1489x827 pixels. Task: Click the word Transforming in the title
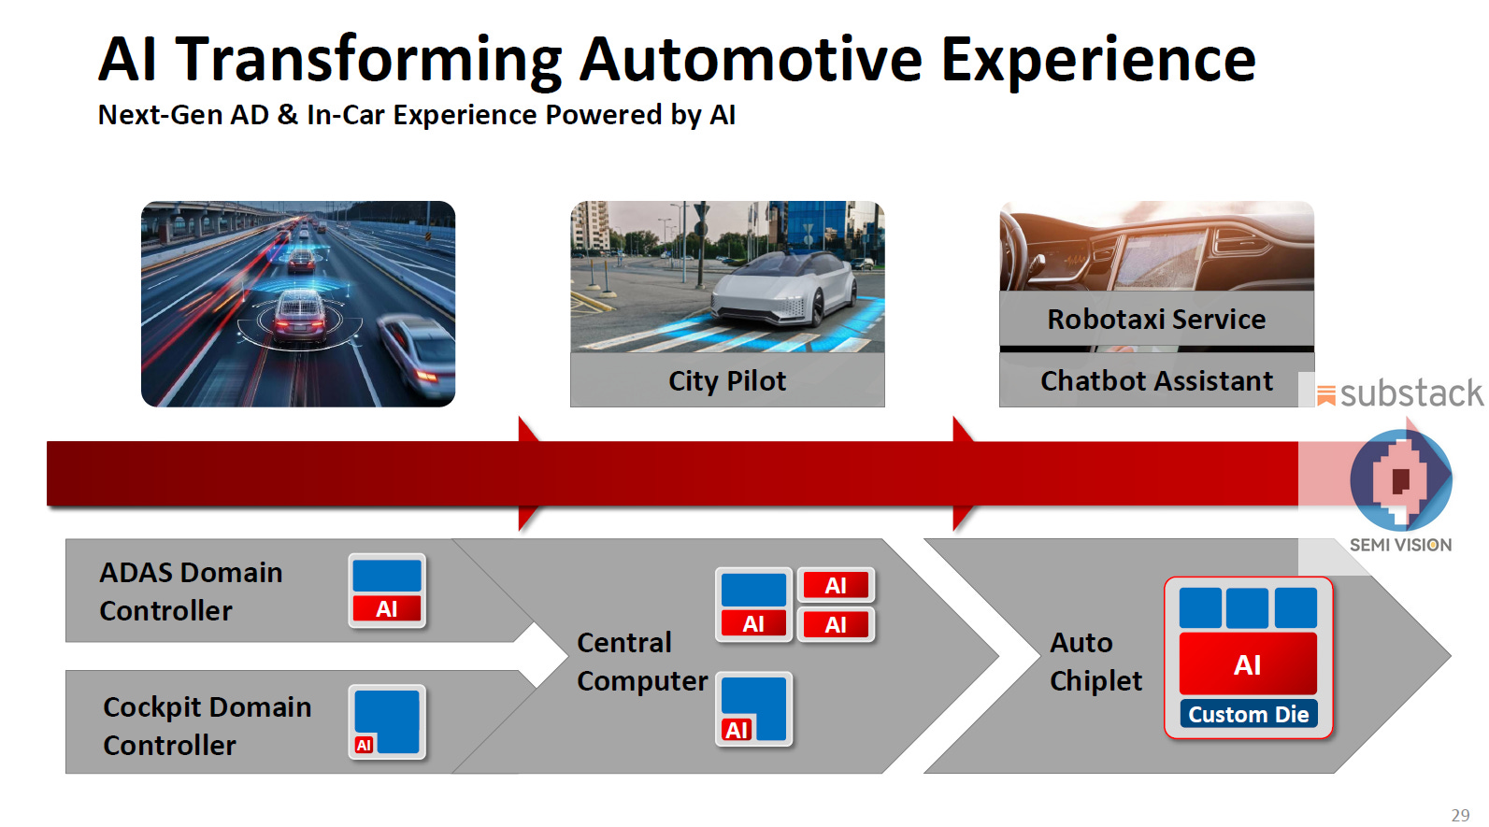pyautogui.click(x=368, y=60)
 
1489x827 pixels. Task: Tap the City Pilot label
pyautogui.click(x=727, y=381)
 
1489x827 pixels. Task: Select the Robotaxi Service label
pyautogui.click(x=1156, y=320)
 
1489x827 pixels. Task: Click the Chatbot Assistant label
pyautogui.click(x=1156, y=381)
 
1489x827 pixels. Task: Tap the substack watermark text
pyautogui.click(x=1410, y=393)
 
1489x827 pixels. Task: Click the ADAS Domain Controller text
pyautogui.click(x=191, y=592)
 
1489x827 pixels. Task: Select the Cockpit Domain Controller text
pyautogui.click(x=207, y=726)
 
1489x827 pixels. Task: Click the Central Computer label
pyautogui.click(x=641, y=662)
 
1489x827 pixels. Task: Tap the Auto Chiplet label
pyautogui.click(x=1095, y=662)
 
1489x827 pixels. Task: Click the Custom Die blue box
pyautogui.click(x=1248, y=714)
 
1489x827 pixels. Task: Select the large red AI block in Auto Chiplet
pyautogui.click(x=1248, y=663)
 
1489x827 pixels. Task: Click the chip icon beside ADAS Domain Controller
pyautogui.click(x=387, y=591)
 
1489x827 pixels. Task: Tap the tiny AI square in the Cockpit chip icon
pyautogui.click(x=365, y=745)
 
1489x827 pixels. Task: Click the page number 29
pyautogui.click(x=1460, y=815)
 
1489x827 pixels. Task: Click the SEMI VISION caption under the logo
pyautogui.click(x=1400, y=545)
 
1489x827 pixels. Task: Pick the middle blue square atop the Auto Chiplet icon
pyautogui.click(x=1247, y=608)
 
